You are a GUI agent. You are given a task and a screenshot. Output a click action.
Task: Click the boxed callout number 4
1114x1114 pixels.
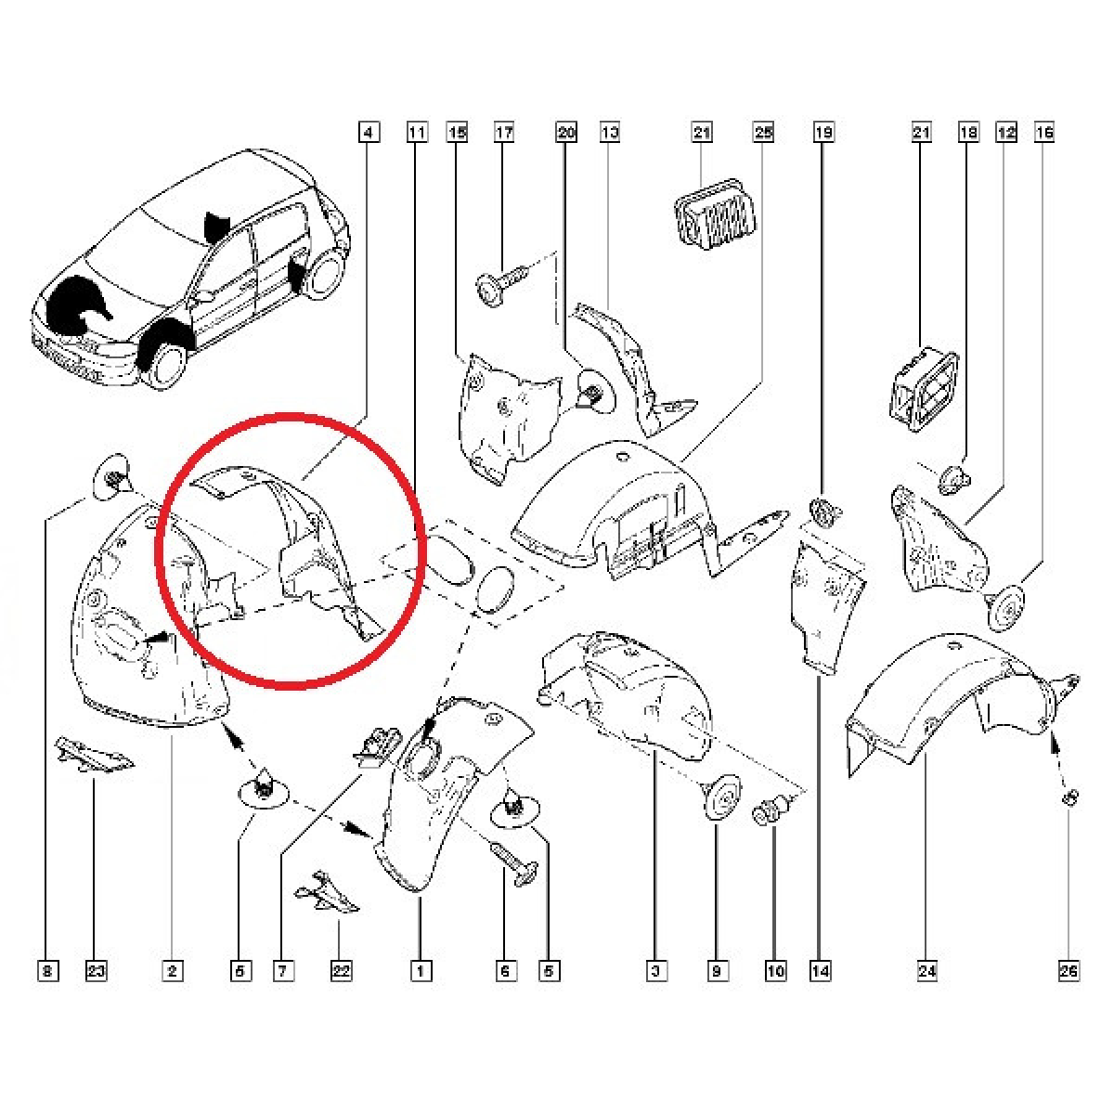[369, 133]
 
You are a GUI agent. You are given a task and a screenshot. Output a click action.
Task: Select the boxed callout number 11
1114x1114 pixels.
[418, 133]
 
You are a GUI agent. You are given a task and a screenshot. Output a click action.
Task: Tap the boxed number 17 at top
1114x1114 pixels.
[504, 133]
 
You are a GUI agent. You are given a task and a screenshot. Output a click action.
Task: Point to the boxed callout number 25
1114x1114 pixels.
[764, 133]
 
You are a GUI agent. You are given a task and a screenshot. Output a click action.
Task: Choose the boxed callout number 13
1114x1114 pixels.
[610, 133]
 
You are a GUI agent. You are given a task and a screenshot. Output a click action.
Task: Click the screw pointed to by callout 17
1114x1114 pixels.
[502, 285]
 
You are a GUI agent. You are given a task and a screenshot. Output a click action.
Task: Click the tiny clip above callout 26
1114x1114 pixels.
[1070, 798]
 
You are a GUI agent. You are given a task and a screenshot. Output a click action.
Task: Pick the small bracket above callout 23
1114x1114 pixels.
[95, 755]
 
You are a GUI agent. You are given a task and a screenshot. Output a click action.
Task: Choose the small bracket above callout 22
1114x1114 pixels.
[327, 892]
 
